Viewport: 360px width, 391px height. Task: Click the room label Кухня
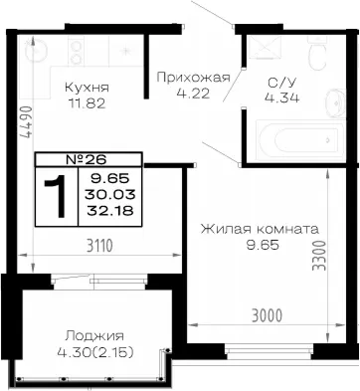87,88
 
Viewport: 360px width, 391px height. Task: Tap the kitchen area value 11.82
87,103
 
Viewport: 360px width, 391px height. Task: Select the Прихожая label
193,78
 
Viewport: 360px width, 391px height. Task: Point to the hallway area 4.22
193,94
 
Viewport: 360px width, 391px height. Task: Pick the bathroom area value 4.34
281,98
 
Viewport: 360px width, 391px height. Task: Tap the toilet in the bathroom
317,53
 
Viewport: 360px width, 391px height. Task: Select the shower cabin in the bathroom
265,47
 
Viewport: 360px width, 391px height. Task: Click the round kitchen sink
37,50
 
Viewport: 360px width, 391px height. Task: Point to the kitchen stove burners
77,51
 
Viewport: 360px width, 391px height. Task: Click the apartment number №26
87,160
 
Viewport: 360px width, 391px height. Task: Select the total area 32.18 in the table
110,210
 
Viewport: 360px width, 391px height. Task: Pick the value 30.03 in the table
110,194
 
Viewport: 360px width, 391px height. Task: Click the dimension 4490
26,122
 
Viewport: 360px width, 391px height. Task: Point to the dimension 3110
99,246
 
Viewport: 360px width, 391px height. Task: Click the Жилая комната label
260,229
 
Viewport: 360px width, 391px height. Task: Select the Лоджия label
94,336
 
